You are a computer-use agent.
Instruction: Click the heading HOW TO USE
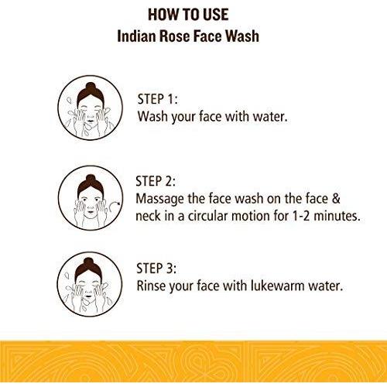point(188,15)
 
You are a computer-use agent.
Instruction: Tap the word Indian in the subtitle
point(136,36)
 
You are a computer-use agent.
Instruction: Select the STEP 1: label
point(157,99)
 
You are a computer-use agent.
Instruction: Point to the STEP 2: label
point(156,181)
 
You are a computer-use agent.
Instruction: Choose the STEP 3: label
point(156,268)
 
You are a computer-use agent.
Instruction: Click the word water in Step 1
point(270,117)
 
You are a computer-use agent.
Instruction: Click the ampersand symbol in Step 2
point(336,198)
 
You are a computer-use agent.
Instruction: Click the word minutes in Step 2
point(337,216)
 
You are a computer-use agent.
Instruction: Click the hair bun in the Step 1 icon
point(91,87)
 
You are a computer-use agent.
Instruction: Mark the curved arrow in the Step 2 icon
point(115,207)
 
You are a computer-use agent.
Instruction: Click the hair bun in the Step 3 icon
point(88,262)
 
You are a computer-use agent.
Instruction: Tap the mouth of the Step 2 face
point(91,211)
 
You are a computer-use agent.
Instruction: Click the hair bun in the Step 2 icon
point(91,179)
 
